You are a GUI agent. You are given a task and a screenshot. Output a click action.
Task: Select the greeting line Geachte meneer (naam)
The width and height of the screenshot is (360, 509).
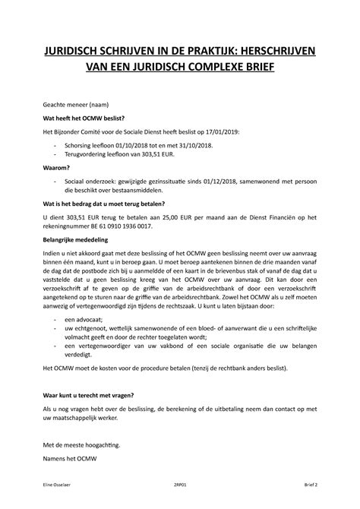tap(75, 103)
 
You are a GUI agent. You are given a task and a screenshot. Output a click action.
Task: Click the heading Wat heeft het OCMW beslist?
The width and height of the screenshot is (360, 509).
tap(89, 118)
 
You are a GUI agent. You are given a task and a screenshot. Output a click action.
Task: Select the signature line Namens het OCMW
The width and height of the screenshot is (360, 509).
tap(67, 459)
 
